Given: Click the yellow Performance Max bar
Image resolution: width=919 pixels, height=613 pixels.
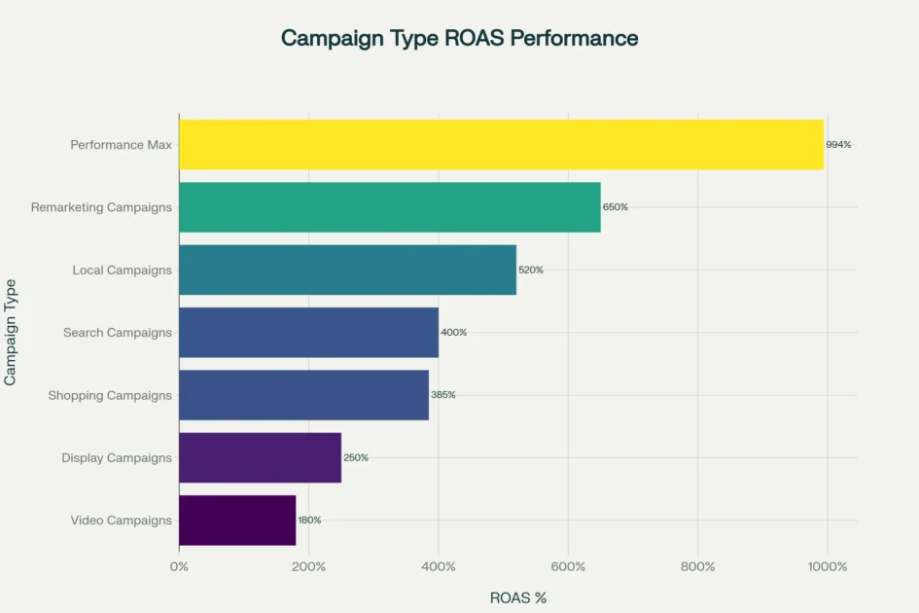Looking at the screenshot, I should (501, 145).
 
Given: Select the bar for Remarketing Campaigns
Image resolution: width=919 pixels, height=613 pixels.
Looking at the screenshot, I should (389, 207).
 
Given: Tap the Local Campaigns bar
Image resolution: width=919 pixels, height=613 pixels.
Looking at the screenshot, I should (347, 270).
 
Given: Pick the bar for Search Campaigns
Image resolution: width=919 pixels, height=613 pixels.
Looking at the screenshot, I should (308, 333).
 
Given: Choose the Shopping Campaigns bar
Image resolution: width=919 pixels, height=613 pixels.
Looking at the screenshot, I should (303, 395).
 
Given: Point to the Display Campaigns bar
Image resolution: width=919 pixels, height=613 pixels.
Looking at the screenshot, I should (260, 457).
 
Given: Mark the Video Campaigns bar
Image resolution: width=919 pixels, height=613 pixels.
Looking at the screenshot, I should (237, 520).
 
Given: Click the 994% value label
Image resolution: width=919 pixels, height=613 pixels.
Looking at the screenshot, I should (838, 145).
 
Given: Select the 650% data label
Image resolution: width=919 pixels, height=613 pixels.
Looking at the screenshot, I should (616, 207).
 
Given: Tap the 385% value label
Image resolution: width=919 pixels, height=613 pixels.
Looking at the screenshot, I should (442, 395).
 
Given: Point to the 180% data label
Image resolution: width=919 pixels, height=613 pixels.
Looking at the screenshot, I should (309, 520).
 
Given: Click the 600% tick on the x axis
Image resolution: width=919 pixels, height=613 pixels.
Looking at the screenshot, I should (568, 567).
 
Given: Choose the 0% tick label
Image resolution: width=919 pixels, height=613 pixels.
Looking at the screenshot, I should (179, 567).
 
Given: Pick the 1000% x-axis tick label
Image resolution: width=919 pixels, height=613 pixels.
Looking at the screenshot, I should (827, 567).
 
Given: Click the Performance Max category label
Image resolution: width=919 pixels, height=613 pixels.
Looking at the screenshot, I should (121, 145).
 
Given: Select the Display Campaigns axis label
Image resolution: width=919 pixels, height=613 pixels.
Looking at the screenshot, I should (117, 457).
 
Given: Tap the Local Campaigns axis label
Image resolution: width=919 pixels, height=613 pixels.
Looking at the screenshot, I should (122, 270).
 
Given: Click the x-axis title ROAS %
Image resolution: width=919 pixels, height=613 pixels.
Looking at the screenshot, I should (517, 597).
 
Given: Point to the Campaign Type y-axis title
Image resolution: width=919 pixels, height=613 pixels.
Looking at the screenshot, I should (11, 332).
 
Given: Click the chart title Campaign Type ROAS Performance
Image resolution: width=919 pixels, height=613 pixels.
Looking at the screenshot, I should (459, 38).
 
